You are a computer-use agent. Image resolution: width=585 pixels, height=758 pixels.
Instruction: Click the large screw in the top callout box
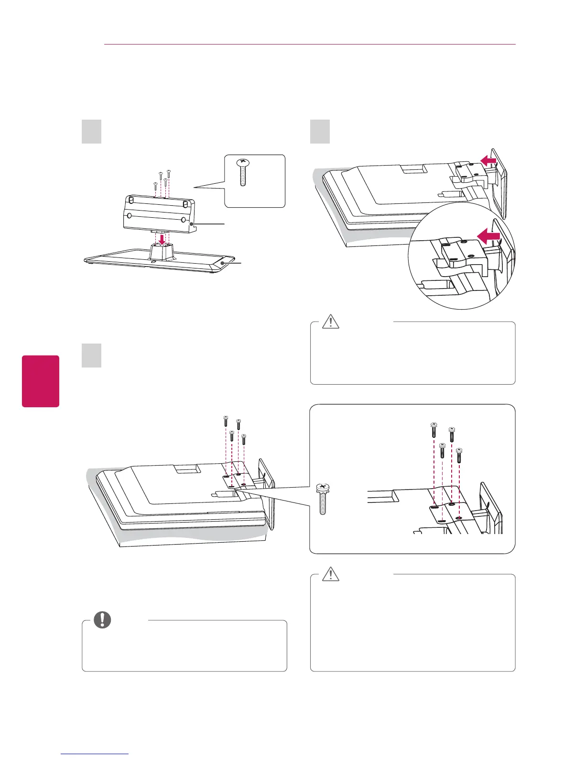pyautogui.click(x=243, y=172)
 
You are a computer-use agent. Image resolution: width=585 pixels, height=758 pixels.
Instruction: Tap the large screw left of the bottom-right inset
pyautogui.click(x=323, y=499)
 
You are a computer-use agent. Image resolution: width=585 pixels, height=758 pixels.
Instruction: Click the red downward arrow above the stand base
pyautogui.click(x=162, y=238)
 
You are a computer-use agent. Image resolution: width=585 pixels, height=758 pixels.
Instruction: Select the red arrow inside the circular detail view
pyautogui.click(x=488, y=236)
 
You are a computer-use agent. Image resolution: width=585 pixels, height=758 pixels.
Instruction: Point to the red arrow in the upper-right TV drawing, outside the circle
pyautogui.click(x=488, y=162)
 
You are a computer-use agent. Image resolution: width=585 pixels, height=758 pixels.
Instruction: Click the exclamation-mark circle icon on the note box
pyautogui.click(x=102, y=620)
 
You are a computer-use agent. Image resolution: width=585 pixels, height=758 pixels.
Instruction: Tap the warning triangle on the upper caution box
pyautogui.click(x=330, y=322)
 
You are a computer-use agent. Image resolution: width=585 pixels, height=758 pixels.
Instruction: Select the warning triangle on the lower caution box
pyautogui.click(x=330, y=574)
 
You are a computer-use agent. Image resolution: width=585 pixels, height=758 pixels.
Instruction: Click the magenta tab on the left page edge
pyautogui.click(x=41, y=381)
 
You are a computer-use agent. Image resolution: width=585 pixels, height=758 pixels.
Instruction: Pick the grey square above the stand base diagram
pyautogui.click(x=91, y=132)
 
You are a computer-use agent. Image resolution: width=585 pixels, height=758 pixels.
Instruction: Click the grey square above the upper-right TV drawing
pyautogui.click(x=320, y=132)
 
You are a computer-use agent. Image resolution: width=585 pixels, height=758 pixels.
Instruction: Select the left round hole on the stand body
pyautogui.click(x=129, y=216)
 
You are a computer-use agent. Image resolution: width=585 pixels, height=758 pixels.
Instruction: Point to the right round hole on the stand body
pyautogui.click(x=184, y=219)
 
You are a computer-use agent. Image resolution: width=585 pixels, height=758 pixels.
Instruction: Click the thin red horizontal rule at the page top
pyautogui.click(x=310, y=45)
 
